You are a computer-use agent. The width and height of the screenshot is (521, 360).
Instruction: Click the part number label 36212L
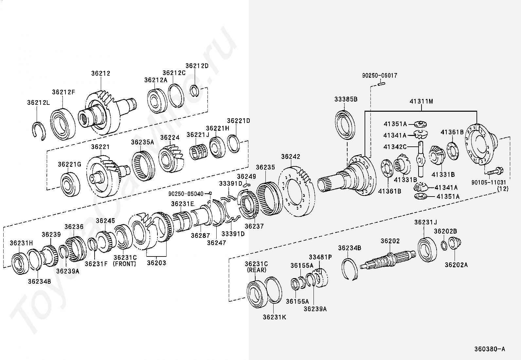39,103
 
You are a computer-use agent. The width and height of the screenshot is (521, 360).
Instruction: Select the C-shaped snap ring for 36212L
39,131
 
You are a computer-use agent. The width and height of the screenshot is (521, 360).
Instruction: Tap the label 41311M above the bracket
421,102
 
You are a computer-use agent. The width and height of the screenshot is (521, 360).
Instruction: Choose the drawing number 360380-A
490,349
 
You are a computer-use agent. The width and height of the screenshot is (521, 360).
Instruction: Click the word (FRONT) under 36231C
124,264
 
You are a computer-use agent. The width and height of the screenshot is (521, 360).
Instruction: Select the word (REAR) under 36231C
257,270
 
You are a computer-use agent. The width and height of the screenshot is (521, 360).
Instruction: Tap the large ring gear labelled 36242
296,191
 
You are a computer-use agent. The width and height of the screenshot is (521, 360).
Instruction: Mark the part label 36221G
70,164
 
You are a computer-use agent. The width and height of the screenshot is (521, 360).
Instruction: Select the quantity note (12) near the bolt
503,189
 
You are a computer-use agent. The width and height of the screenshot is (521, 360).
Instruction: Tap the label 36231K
275,317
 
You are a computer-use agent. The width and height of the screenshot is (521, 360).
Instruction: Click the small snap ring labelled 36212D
194,91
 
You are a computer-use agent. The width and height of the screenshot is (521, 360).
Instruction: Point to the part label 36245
105,220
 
